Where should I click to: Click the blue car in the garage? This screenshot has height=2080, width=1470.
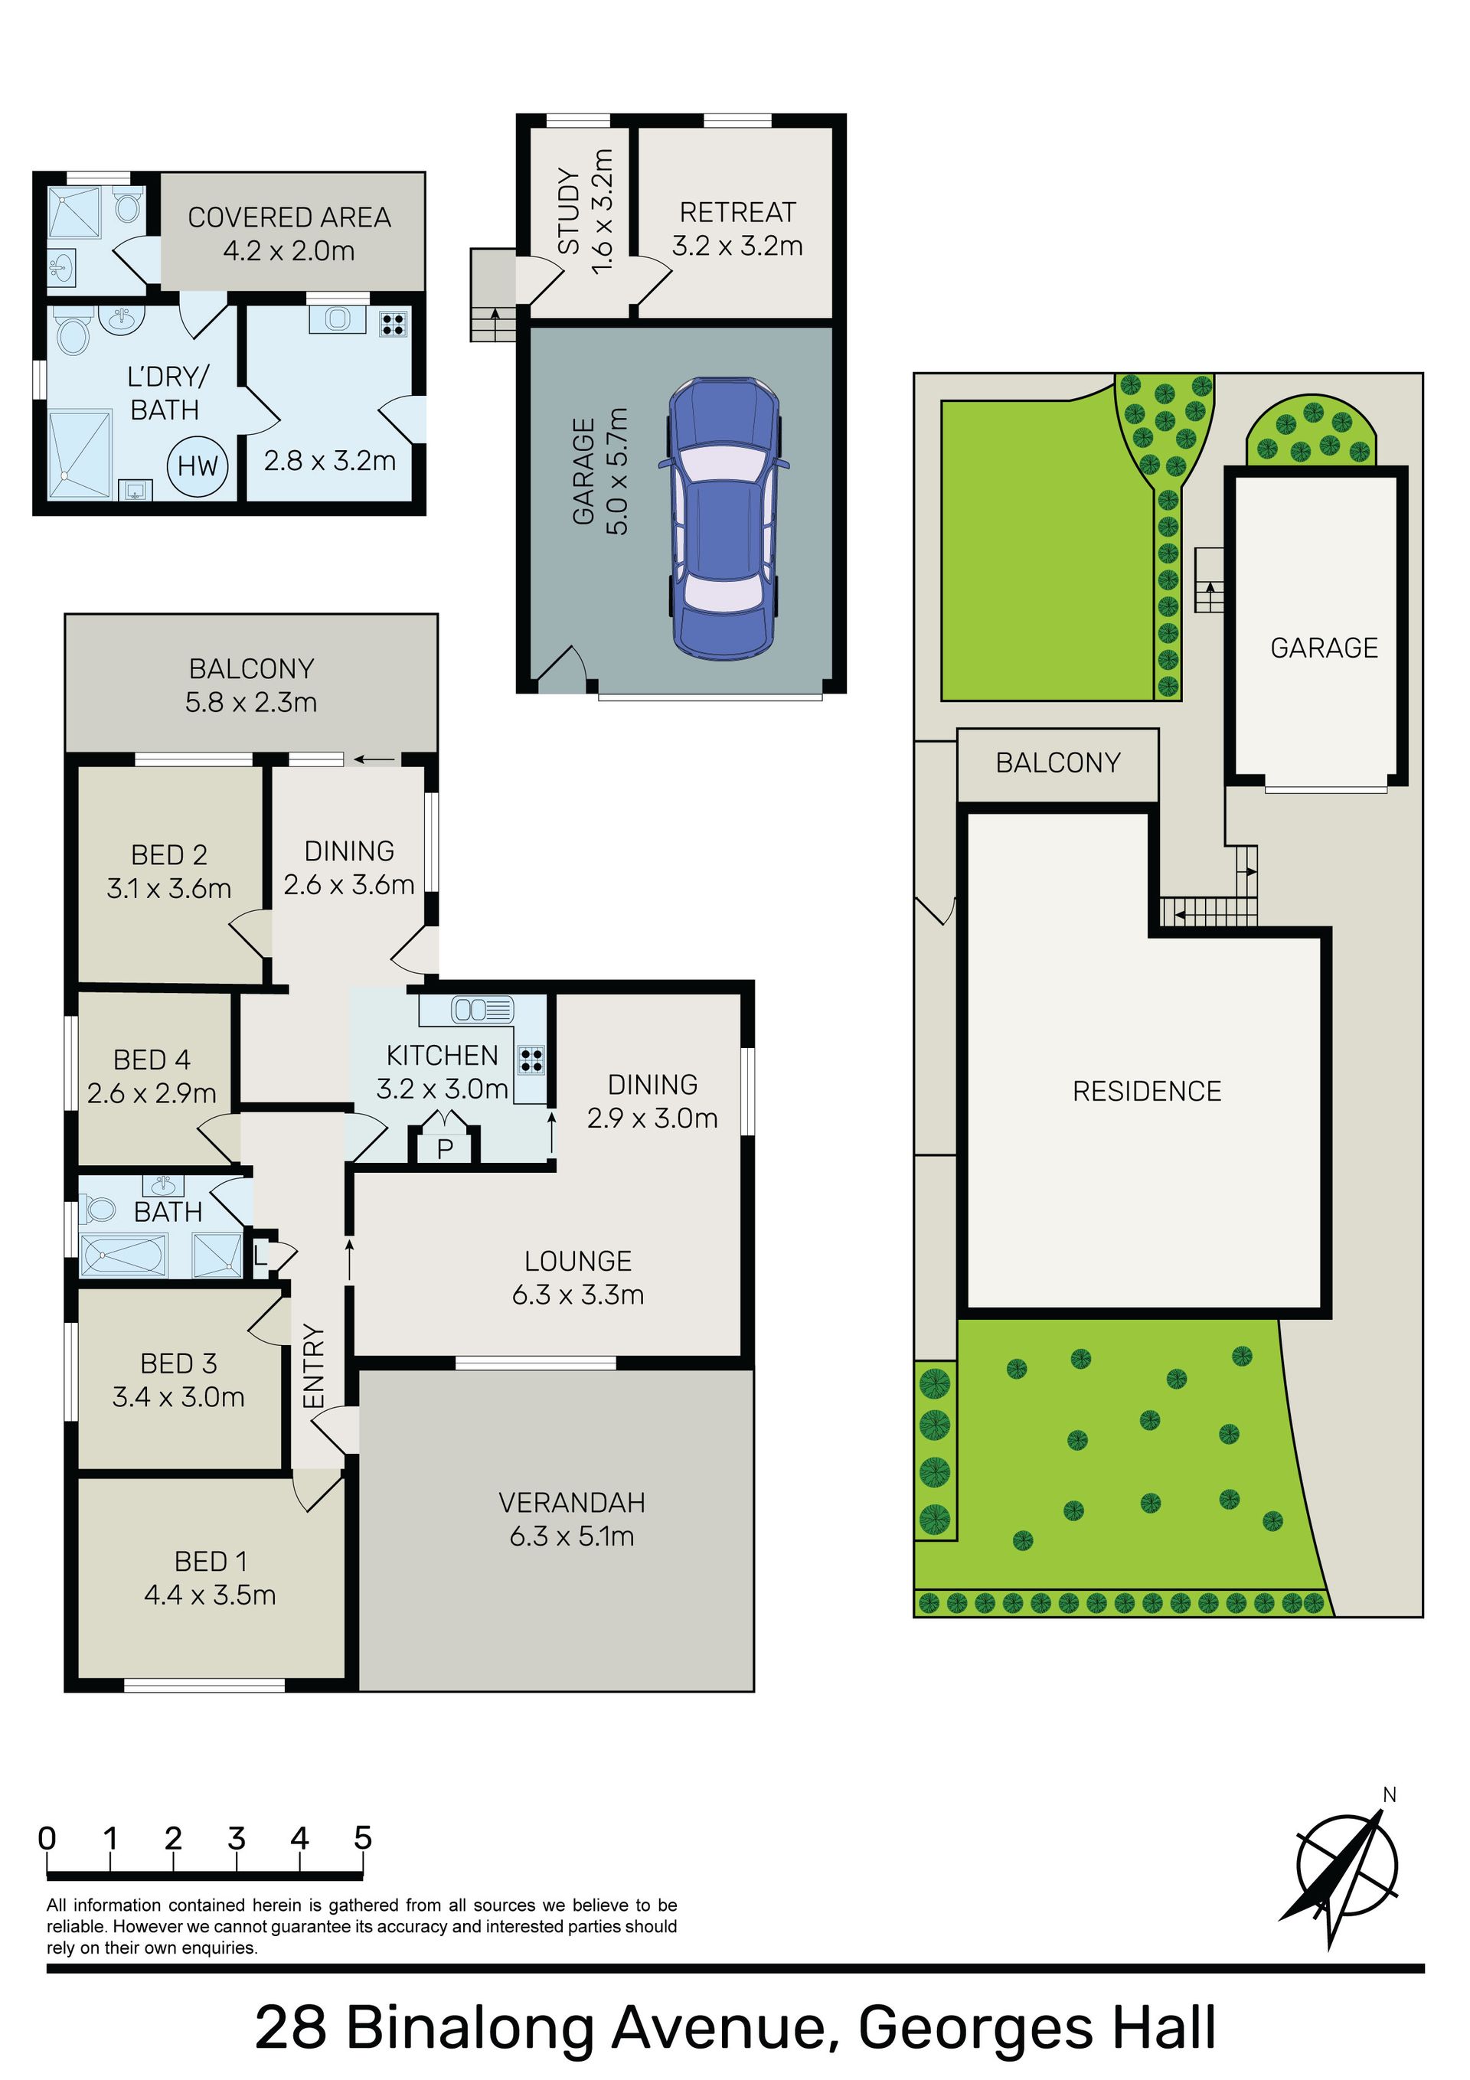point(724,518)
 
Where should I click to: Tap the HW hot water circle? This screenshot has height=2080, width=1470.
point(198,465)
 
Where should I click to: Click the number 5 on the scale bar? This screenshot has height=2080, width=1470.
point(362,1838)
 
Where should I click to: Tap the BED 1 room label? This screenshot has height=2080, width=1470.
point(211,1561)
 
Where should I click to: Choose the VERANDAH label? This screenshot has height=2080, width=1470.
point(572,1502)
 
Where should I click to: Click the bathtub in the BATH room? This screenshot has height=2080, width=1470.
point(124,1256)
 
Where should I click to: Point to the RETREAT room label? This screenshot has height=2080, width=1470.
point(738,212)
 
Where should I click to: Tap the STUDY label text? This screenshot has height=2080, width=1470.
point(569,211)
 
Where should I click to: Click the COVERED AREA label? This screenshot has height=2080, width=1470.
point(289,217)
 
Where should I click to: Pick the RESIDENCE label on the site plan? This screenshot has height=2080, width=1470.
point(1146,1091)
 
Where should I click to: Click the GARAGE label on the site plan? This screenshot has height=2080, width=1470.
point(1324,648)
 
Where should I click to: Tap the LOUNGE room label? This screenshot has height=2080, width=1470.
point(578,1260)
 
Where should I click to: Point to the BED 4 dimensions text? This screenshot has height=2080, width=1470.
point(152,1093)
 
